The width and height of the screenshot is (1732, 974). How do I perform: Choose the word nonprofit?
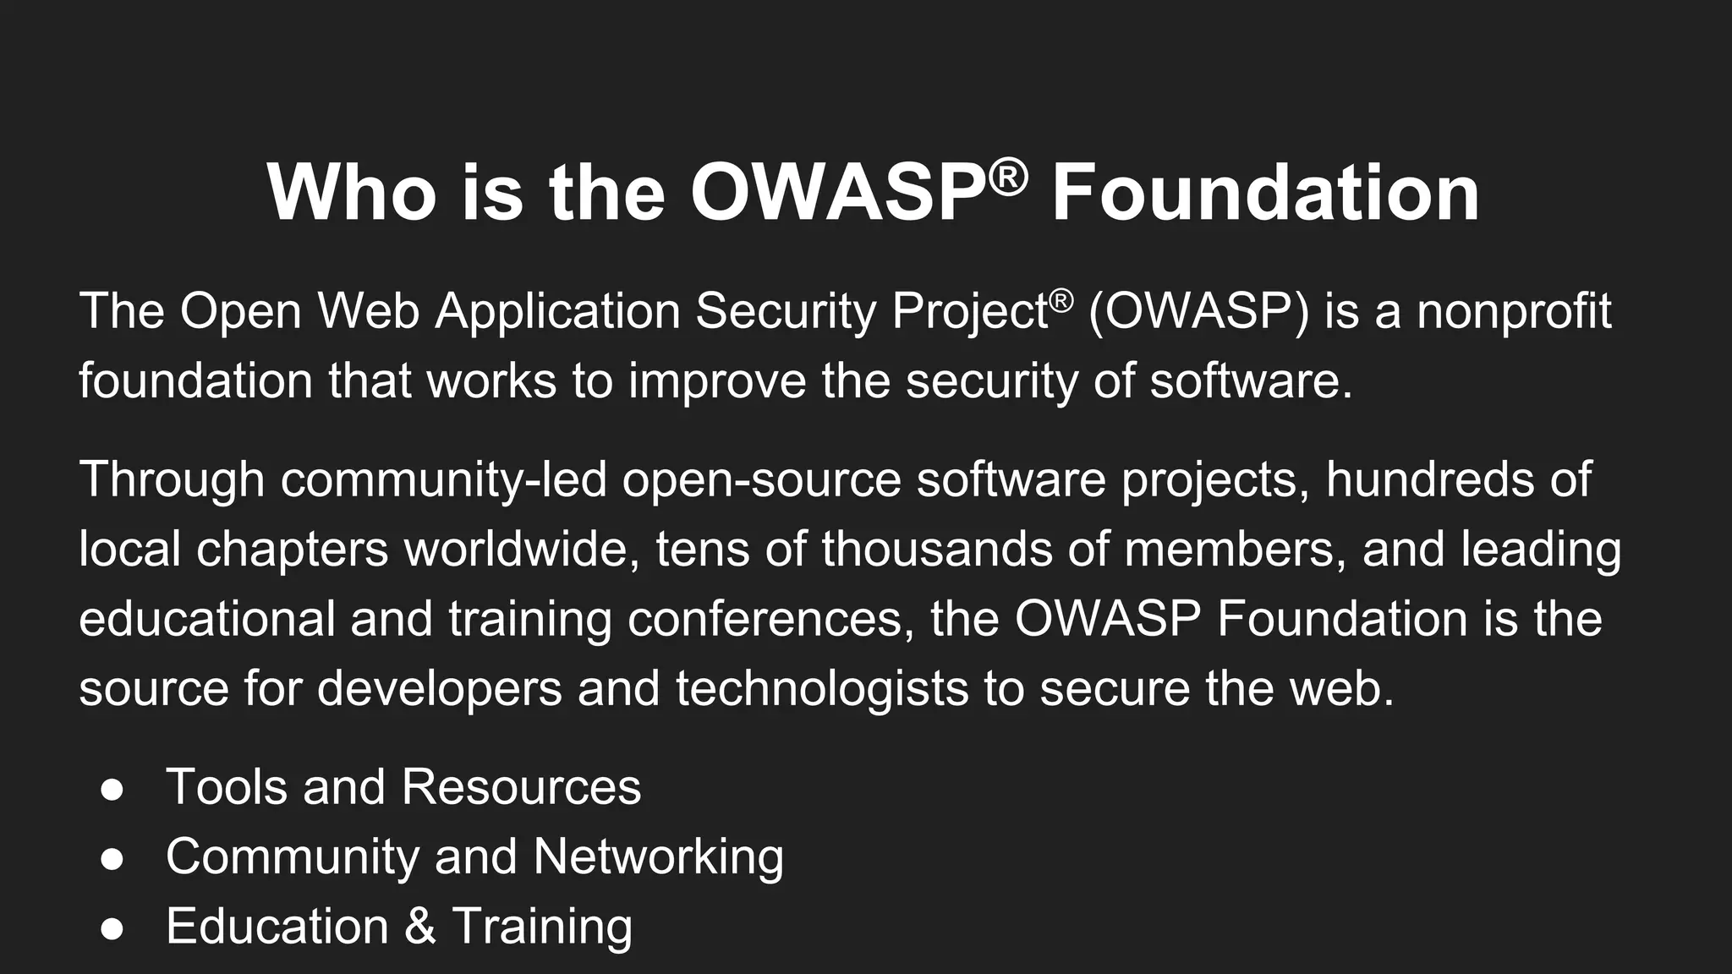(1514, 311)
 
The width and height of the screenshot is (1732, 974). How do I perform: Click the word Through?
(172, 479)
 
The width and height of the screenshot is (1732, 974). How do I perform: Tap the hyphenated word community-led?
(444, 479)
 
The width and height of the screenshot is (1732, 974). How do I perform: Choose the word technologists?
(822, 688)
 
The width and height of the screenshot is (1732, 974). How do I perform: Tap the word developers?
(440, 688)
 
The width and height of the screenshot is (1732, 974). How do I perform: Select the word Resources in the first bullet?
(521, 787)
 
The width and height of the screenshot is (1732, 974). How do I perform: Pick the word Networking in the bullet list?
(658, 856)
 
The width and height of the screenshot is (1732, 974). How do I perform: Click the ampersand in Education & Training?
(420, 926)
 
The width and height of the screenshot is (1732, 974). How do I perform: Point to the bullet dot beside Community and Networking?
(112, 859)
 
